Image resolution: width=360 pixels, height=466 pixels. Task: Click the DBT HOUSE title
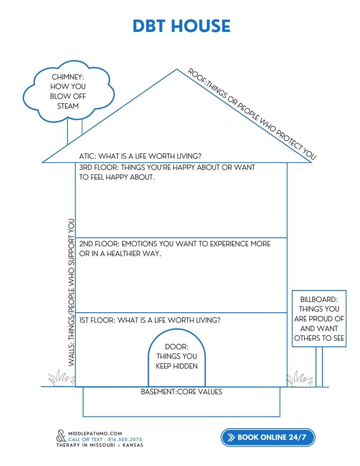[181, 26]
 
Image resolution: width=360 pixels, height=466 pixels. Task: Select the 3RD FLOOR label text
[167, 173]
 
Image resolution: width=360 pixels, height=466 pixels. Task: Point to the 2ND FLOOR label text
[175, 248]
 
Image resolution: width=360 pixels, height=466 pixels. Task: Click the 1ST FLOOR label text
[150, 321]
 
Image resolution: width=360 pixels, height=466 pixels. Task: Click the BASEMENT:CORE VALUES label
[181, 391]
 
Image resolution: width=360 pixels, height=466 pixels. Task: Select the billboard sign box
[319, 319]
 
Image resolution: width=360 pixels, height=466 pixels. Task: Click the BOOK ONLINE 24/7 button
[268, 437]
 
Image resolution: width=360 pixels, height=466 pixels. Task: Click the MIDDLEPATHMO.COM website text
[95, 433]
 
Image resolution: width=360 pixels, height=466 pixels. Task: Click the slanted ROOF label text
[252, 114]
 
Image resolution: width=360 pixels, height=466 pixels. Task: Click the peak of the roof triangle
[177, 70]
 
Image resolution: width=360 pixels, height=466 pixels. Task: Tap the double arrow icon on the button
[231, 437]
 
